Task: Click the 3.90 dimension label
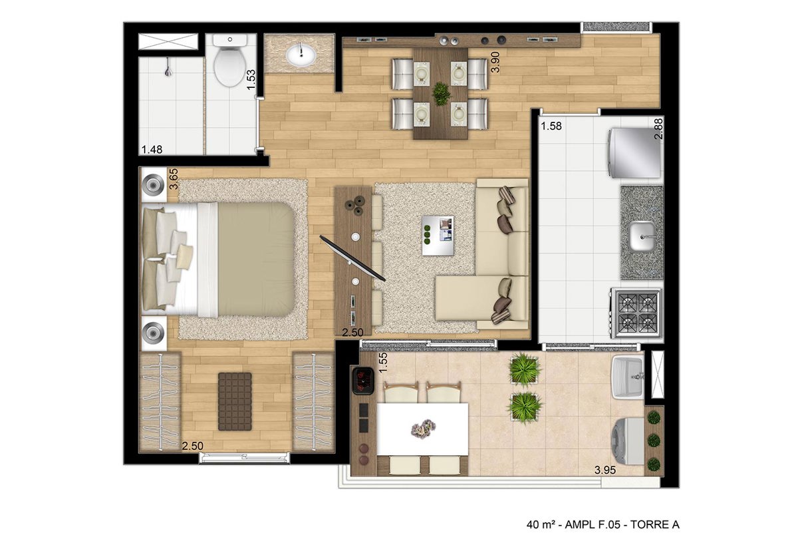[x=495, y=62]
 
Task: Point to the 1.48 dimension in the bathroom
[x=152, y=149]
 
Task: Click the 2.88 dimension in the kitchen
[x=658, y=128]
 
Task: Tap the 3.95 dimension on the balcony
[x=605, y=470]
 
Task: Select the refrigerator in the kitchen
[x=634, y=152]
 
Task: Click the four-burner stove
[x=637, y=313]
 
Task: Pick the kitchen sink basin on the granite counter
[x=642, y=236]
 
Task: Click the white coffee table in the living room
[x=438, y=236]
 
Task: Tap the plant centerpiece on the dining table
[x=441, y=94]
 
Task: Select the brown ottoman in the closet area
[x=235, y=401]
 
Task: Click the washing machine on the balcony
[x=628, y=441]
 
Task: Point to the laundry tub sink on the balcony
[x=627, y=377]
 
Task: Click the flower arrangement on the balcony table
[x=423, y=427]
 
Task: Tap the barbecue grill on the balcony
[x=362, y=381]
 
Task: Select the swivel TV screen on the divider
[x=352, y=258]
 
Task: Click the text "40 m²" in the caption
[x=541, y=524]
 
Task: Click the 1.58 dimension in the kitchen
[x=551, y=126]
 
